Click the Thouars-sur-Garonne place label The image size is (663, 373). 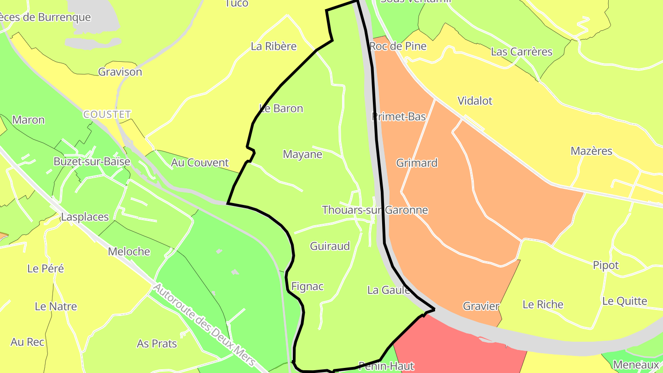(375, 210)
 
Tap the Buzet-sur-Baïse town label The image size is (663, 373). (92, 162)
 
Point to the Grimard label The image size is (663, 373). (417, 163)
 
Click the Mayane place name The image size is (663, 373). (302, 154)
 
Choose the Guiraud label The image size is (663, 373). (330, 246)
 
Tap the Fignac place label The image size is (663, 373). (308, 286)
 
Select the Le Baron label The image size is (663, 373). (281, 109)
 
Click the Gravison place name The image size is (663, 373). (120, 72)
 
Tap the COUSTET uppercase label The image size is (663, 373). (107, 114)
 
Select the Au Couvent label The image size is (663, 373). (200, 163)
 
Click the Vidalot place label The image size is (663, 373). (475, 101)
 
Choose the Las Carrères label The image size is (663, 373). (522, 52)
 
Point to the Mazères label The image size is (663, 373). (591, 151)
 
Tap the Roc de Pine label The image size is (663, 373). (398, 46)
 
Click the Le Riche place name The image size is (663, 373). (543, 304)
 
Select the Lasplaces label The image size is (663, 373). (85, 217)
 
